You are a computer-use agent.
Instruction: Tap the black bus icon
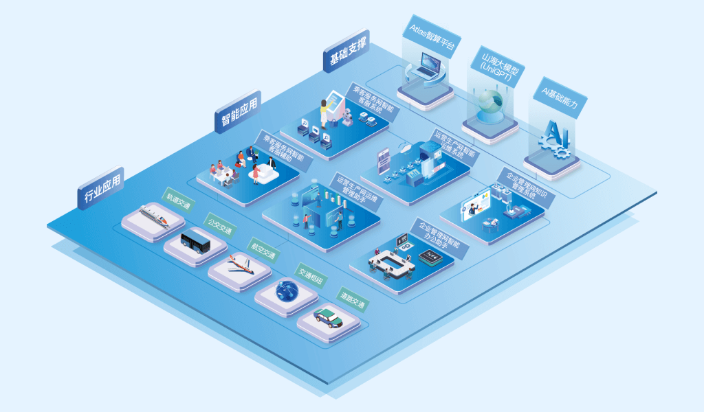coord(195,241)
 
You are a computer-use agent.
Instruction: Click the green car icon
coord(328,317)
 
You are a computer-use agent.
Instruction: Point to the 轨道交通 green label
coord(178,201)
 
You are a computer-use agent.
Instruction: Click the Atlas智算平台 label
coord(430,35)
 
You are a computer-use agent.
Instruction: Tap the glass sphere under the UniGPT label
coord(490,103)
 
